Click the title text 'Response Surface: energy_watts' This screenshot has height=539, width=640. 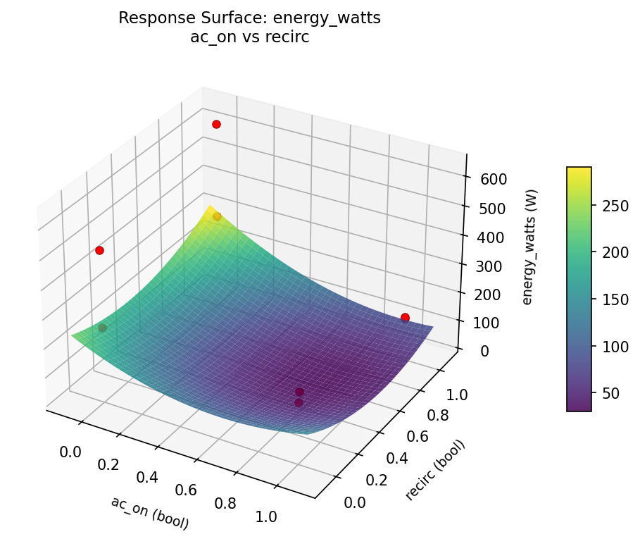(249, 18)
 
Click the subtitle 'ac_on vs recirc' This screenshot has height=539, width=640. (249, 37)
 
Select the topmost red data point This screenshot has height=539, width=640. (216, 124)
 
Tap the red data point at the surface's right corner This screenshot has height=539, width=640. (405, 318)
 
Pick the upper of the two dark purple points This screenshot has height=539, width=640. (299, 392)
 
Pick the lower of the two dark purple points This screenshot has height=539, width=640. (299, 402)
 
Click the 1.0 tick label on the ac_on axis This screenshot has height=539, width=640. (266, 516)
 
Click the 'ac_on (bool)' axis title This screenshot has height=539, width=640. (150, 512)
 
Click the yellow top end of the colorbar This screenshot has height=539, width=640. (579, 171)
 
